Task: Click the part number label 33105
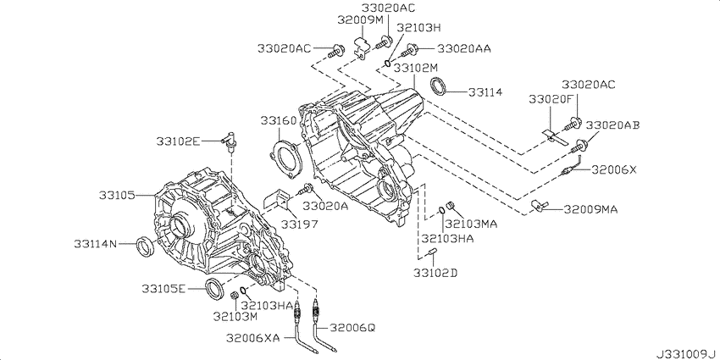pos(117,196)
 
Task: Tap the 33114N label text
pos(96,244)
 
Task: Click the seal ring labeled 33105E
pos(214,288)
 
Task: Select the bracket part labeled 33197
pos(276,199)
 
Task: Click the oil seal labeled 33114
pos(440,87)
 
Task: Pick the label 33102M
pos(417,69)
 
